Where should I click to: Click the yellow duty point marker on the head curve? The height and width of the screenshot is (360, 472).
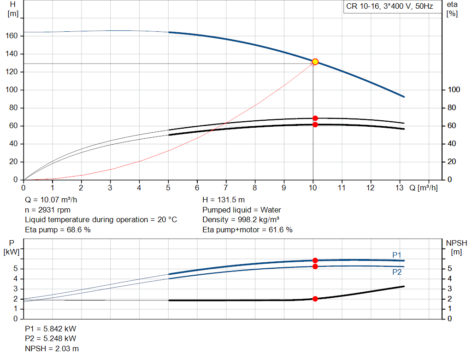click(315, 62)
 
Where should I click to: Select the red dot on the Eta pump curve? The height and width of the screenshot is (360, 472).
click(315, 118)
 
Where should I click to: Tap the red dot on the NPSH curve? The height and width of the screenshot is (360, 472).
click(315, 299)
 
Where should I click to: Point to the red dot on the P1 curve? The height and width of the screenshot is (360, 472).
click(315, 260)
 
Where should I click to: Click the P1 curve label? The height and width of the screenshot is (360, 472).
click(397, 255)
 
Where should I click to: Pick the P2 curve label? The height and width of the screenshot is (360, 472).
click(397, 272)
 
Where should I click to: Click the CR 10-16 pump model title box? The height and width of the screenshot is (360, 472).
click(389, 6)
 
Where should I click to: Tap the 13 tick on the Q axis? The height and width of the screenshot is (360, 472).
click(400, 188)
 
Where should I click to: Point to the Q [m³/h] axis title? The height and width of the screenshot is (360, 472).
click(424, 188)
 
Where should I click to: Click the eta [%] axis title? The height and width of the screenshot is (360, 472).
click(452, 9)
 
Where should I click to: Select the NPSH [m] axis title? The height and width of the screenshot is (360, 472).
click(457, 247)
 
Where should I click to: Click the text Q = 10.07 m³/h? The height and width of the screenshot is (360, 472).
click(52, 200)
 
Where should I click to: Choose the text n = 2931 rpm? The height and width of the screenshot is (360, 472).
click(48, 210)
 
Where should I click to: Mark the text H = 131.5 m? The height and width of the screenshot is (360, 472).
click(224, 200)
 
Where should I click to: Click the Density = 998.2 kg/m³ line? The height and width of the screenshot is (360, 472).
click(241, 219)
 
